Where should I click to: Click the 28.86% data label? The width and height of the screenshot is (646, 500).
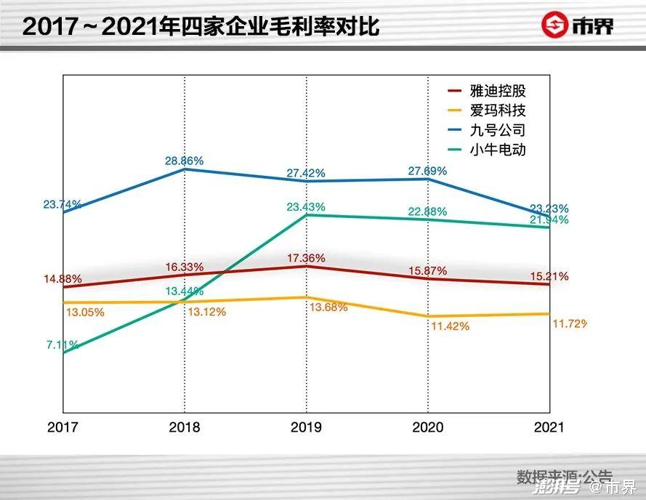[184, 160]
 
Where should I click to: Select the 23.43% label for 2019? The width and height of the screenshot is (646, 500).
[306, 207]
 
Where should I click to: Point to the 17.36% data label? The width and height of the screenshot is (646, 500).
[306, 258]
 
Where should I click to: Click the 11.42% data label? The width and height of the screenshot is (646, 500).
[450, 326]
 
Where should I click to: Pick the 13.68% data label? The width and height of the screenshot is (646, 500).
[328, 307]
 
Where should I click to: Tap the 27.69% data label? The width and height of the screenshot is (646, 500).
[427, 171]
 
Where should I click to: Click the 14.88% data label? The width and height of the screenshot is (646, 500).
[62, 279]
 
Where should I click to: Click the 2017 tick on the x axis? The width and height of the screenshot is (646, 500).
[62, 427]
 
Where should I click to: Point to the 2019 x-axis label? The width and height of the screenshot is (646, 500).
[306, 427]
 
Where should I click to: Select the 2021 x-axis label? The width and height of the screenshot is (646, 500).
[549, 427]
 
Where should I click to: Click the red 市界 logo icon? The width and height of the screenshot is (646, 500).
[555, 25]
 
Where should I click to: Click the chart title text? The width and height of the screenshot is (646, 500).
[201, 26]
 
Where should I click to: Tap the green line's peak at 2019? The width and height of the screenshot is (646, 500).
[306, 215]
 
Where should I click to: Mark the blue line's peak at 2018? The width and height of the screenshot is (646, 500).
[184, 169]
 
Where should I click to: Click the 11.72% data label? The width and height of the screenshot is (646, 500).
[569, 322]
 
